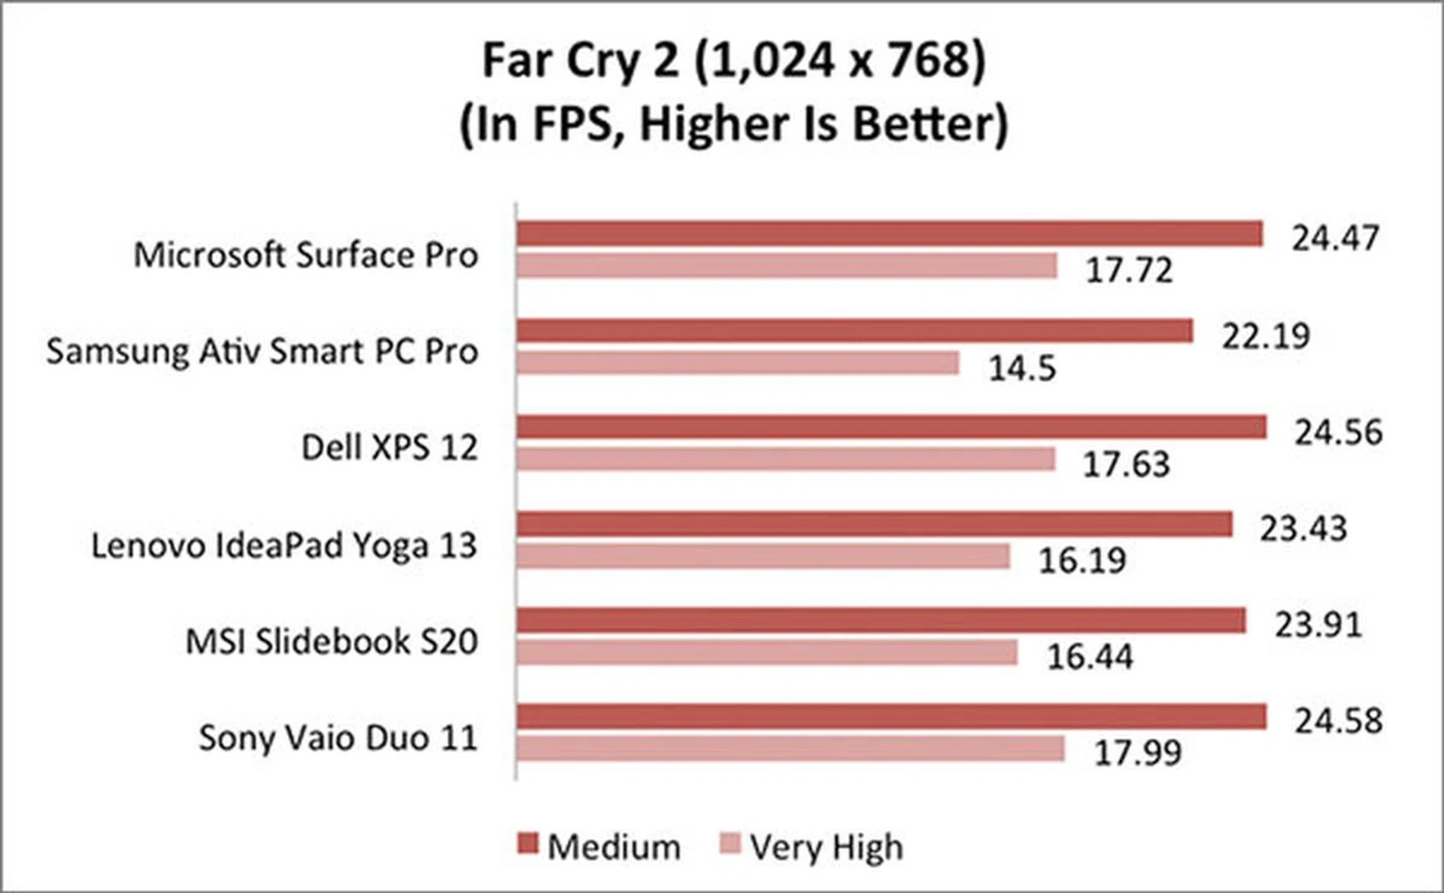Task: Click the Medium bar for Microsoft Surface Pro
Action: click(x=889, y=234)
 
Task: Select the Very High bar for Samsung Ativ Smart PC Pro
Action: click(x=738, y=363)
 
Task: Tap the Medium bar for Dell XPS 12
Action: click(x=891, y=427)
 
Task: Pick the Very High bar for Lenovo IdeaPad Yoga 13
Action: click(x=763, y=557)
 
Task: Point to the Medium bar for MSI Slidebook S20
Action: click(x=881, y=621)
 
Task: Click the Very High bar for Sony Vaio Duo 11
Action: click(x=790, y=749)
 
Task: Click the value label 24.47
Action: click(x=1335, y=238)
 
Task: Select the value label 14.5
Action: click(x=1022, y=369)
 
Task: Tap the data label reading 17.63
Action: click(x=1126, y=464)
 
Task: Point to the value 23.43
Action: click(x=1303, y=528)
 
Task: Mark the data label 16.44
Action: click(x=1090, y=657)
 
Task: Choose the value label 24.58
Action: click(x=1338, y=721)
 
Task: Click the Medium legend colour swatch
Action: click(x=528, y=844)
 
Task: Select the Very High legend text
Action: click(x=827, y=848)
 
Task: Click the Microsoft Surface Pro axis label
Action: click(x=305, y=255)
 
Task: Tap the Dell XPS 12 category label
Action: click(x=389, y=448)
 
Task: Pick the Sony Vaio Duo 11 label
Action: click(x=338, y=738)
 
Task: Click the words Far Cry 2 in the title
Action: click(x=580, y=60)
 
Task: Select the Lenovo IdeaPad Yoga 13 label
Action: click(x=284, y=545)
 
